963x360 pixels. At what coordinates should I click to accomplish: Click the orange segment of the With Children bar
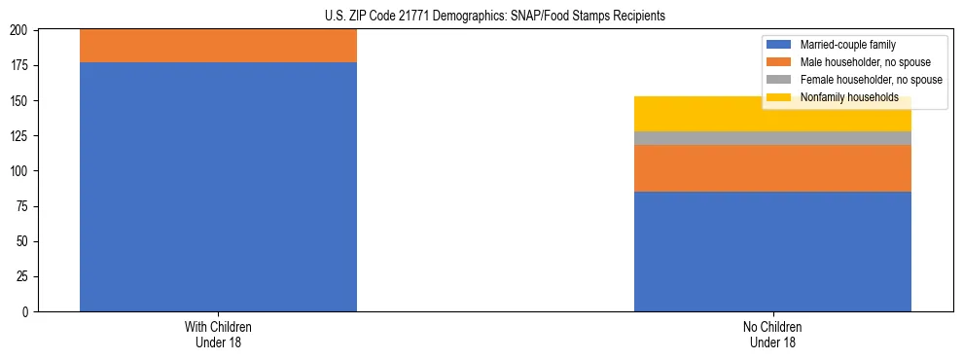pos(218,46)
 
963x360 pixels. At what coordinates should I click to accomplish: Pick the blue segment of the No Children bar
pos(772,251)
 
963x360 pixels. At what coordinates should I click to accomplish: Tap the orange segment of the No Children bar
pos(772,168)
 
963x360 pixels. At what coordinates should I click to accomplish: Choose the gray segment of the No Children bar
pos(772,138)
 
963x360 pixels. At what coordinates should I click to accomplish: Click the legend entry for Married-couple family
pos(845,45)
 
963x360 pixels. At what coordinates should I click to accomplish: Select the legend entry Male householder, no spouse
pos(865,62)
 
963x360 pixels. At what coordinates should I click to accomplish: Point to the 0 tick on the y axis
pos(26,311)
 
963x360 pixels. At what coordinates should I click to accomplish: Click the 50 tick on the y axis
pos(23,241)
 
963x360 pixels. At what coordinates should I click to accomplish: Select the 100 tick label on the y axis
pos(20,171)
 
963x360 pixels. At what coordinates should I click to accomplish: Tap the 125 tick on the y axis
pos(20,136)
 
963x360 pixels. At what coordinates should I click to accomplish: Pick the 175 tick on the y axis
pos(20,66)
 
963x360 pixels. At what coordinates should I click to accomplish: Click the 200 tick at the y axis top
pos(20,31)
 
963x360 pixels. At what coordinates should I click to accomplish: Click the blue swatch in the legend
pos(779,45)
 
